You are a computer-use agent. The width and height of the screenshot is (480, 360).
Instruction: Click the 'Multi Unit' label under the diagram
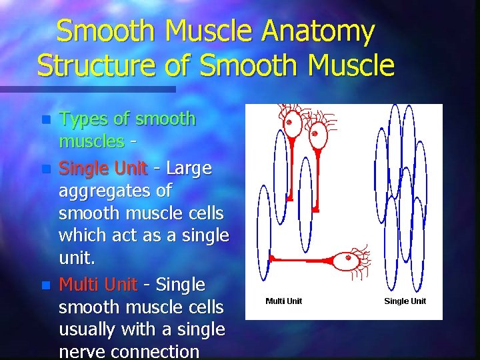point(283,301)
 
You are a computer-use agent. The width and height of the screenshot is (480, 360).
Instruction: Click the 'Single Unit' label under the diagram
point(405,301)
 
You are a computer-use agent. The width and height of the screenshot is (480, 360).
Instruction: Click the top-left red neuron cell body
point(289,125)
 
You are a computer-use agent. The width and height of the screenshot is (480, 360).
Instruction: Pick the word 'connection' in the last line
point(157,351)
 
